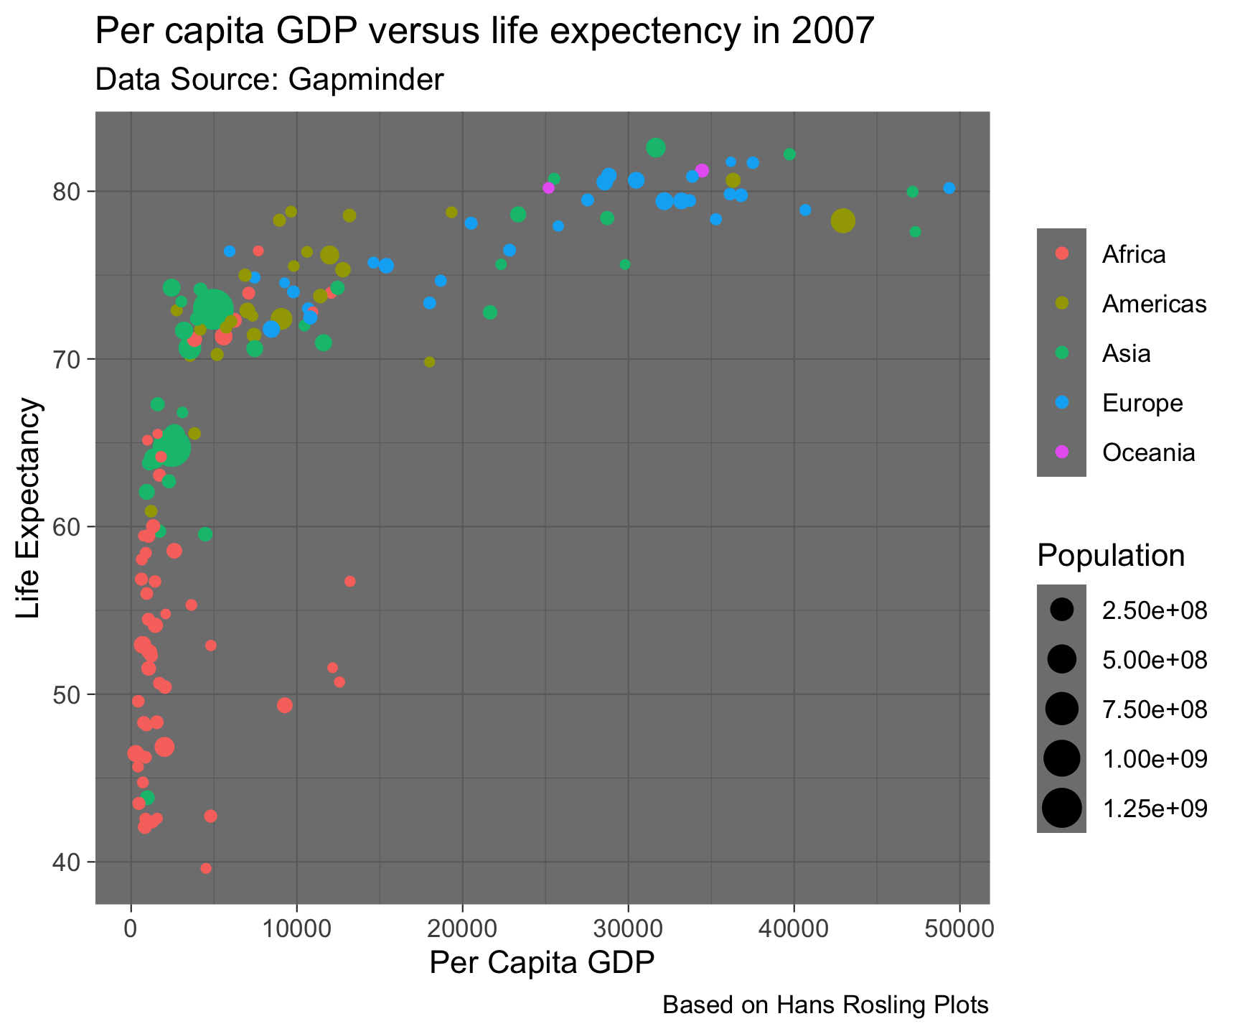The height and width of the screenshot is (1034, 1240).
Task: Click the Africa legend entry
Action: pyautogui.click(x=1134, y=254)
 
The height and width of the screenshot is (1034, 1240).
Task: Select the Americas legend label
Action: pyautogui.click(x=1154, y=304)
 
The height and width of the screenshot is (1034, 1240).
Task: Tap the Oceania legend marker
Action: pyautogui.click(x=1062, y=452)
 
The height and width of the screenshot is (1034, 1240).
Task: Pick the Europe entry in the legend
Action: pyautogui.click(x=1142, y=403)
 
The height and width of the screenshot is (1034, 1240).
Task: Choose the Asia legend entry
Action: pyautogui.click(x=1126, y=353)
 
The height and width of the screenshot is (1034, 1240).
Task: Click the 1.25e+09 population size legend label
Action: pyautogui.click(x=1155, y=809)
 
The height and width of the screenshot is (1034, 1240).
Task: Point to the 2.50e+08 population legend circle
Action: pyautogui.click(x=1062, y=610)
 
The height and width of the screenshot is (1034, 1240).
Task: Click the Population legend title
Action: pyautogui.click(x=1110, y=556)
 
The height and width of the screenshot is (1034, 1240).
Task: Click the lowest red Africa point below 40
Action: pyautogui.click(x=206, y=868)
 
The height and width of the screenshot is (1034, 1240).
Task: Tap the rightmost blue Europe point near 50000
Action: pyautogui.click(x=949, y=188)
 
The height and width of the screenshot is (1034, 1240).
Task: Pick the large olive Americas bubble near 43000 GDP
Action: pyautogui.click(x=843, y=221)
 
